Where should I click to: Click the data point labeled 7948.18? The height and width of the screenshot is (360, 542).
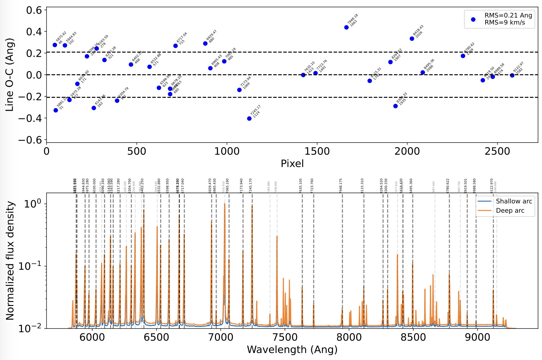click(x=346, y=28)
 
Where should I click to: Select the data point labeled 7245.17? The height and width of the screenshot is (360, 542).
click(x=249, y=119)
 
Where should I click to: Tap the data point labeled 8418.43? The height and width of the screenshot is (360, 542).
click(x=412, y=39)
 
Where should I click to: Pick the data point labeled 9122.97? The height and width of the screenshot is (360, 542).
click(x=512, y=76)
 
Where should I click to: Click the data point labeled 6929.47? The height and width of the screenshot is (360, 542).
click(x=205, y=43)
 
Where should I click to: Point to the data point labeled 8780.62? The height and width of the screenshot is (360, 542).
click(x=463, y=56)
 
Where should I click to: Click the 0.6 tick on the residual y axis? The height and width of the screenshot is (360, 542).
click(x=34, y=10)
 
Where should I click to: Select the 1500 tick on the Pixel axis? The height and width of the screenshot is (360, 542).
click(x=317, y=151)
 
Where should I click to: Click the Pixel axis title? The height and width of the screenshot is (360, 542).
click(x=292, y=163)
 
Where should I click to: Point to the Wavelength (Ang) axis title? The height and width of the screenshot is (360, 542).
click(x=292, y=349)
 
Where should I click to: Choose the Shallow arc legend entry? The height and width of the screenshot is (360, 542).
click(x=514, y=201)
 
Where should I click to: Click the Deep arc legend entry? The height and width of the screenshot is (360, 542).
click(x=510, y=211)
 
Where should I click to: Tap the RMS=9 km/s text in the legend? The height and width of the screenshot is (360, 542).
click(x=505, y=23)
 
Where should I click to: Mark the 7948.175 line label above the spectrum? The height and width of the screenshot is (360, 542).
click(x=341, y=186)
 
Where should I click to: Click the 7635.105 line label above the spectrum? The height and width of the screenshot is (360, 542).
click(x=301, y=186)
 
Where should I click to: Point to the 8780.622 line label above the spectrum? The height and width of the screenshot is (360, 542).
click(x=448, y=186)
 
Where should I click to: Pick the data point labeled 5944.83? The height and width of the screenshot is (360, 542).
click(x=65, y=45)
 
